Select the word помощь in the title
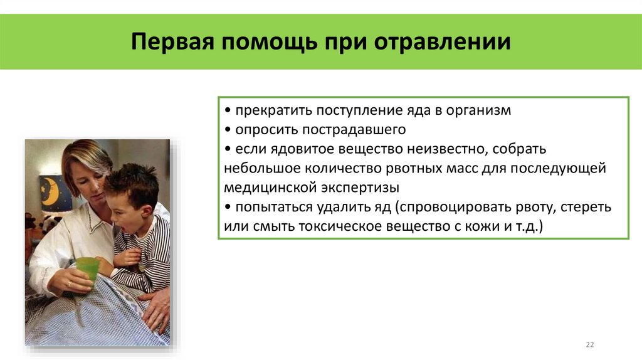click(x=270, y=43)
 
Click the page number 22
click(x=589, y=344)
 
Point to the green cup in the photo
click(x=87, y=270)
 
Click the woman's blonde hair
click(x=85, y=157)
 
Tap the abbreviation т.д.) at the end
click(x=530, y=226)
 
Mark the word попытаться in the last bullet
click(x=268, y=206)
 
